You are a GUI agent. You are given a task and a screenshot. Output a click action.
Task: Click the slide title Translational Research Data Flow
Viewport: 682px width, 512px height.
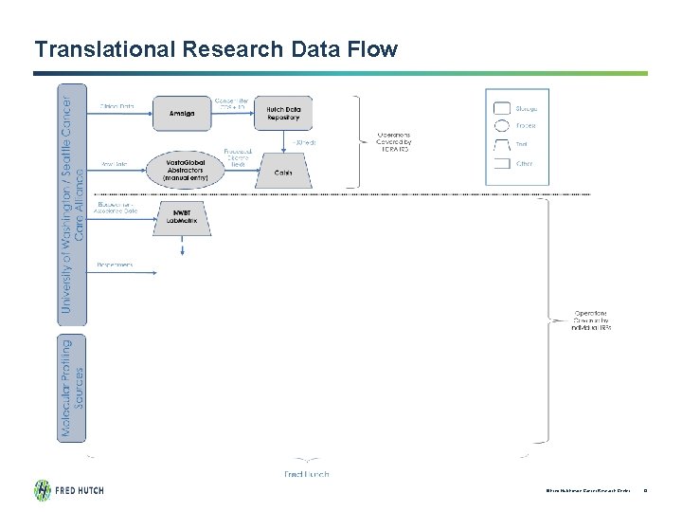[x=216, y=48]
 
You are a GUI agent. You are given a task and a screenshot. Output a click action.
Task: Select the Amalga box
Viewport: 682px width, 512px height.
[x=183, y=113]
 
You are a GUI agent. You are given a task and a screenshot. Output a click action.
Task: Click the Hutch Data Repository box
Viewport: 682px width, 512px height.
[x=282, y=113]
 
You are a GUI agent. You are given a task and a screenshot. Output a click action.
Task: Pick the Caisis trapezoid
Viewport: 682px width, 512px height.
[x=282, y=172]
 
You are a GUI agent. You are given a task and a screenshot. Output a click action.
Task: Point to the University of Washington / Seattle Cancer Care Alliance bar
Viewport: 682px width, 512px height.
[x=72, y=204]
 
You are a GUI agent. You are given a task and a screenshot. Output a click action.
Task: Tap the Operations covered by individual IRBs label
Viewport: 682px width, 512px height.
[x=593, y=320]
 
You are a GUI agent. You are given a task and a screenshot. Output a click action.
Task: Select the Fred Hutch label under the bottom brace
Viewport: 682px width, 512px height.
[x=306, y=473]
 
